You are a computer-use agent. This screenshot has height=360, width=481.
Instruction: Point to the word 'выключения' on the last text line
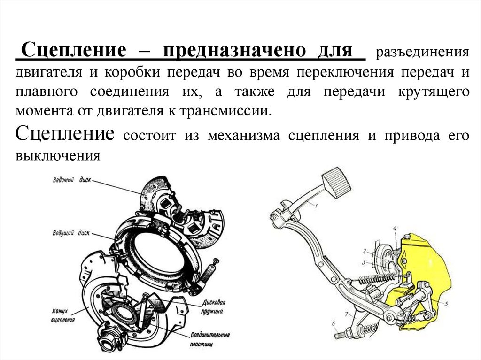58,155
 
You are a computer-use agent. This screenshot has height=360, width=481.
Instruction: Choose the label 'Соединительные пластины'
210,338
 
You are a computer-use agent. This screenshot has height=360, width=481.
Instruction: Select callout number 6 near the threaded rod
333,323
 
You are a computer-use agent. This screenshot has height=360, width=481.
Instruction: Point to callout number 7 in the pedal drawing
347,313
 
